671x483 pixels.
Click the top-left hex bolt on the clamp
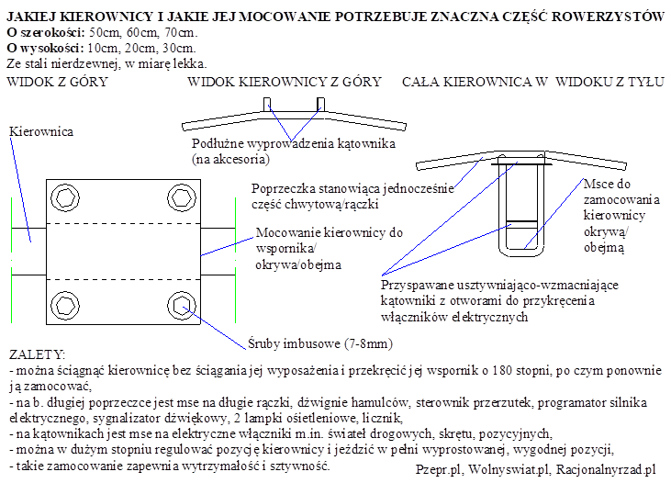(x=67, y=197)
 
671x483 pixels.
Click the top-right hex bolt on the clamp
(x=180, y=197)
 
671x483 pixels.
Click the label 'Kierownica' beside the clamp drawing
(x=40, y=132)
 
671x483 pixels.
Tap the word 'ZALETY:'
(x=36, y=354)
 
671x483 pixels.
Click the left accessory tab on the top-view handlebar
(x=267, y=104)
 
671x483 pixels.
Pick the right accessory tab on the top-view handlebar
(x=320, y=104)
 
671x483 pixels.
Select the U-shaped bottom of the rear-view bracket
(x=520, y=251)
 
